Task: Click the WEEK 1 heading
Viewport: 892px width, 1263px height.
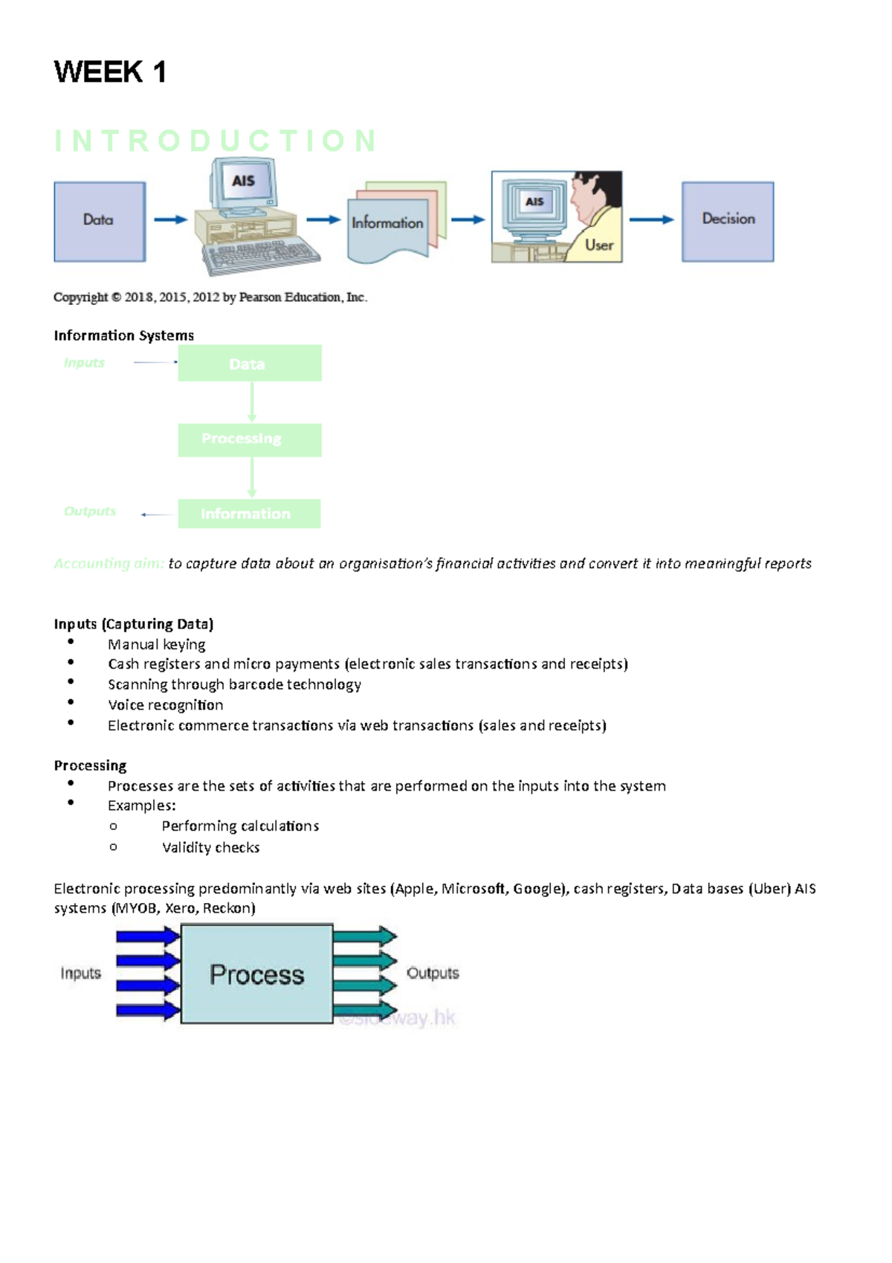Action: click(110, 72)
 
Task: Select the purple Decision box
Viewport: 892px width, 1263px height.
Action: click(728, 221)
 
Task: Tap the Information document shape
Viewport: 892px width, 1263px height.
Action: click(388, 223)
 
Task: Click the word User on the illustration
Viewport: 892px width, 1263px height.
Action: click(598, 245)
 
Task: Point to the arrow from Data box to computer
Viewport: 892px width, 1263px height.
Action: click(170, 219)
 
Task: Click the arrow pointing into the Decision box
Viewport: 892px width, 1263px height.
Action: click(651, 219)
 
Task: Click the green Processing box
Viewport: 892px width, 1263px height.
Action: click(250, 440)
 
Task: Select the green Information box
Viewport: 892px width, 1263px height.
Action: click(249, 514)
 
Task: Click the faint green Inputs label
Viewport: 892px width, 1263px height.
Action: click(84, 363)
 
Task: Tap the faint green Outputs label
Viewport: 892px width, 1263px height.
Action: click(90, 512)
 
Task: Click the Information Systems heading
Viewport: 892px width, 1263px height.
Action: click(123, 335)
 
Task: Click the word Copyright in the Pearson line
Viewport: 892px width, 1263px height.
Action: click(80, 298)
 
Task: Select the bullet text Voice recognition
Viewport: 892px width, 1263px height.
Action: click(165, 705)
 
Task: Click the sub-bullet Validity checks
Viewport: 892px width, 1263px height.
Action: click(210, 848)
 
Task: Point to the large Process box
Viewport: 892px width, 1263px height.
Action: click(256, 974)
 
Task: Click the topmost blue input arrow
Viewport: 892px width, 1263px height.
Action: click(148, 936)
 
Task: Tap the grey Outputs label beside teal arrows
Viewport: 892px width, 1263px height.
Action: click(433, 973)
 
